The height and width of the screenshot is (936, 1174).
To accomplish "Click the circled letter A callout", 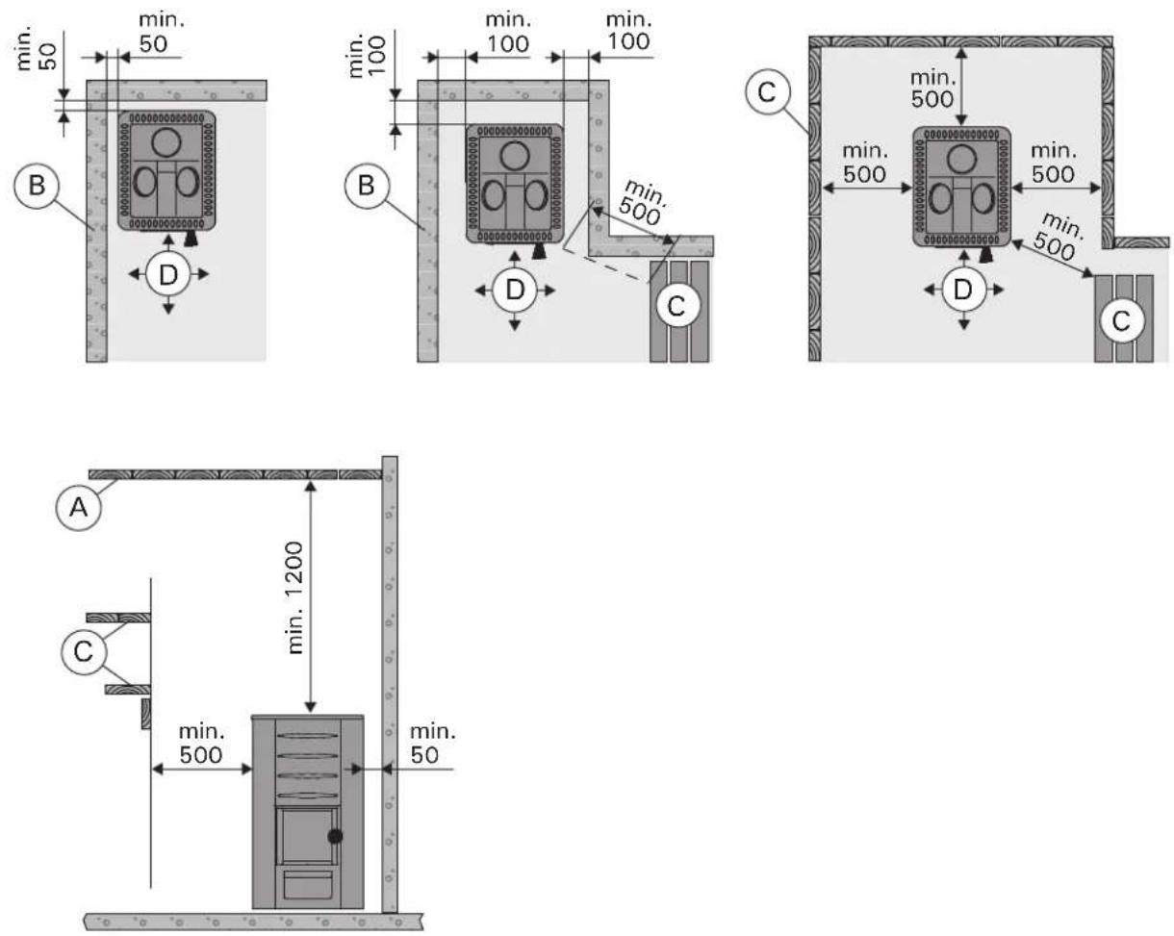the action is (79, 508).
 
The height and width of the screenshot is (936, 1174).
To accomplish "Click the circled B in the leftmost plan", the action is (37, 186).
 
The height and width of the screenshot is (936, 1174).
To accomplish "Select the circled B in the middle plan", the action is (367, 186).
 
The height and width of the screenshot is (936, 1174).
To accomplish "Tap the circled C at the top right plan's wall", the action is (768, 91).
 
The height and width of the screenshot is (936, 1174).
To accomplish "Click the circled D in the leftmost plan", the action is (168, 275).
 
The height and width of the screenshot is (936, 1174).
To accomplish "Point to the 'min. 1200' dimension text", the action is (295, 597).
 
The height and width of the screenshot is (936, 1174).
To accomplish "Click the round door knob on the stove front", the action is (335, 836).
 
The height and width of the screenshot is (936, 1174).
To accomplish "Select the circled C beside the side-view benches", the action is (84, 652).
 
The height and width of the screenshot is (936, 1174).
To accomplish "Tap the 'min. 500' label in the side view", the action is (201, 743).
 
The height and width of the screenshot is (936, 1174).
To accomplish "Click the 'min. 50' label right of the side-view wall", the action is (432, 743).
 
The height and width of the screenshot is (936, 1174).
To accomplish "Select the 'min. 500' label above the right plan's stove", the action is (932, 89).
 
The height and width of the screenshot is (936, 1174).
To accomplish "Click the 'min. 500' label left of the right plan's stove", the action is (865, 164).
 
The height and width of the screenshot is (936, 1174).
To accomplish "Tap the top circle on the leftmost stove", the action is (166, 141).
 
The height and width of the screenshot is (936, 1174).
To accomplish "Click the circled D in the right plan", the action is (963, 290).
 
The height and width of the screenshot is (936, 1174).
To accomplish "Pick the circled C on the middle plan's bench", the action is (676, 306).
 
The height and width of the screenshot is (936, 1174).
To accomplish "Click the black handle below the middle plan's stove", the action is (540, 250).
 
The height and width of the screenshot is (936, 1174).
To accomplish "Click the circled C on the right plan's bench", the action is (1120, 321).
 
